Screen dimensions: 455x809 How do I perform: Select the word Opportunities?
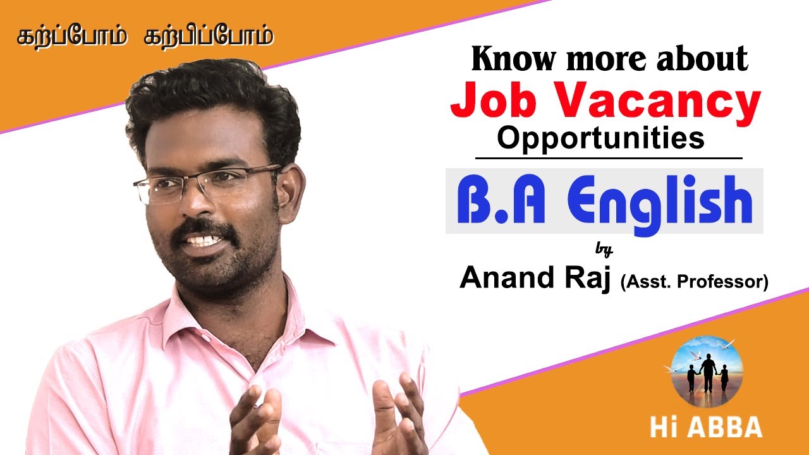pos(600,138)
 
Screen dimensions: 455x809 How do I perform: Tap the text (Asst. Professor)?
pos(694,282)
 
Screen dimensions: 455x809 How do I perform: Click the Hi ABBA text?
pos(705,427)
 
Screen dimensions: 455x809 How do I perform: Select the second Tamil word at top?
pos(208,37)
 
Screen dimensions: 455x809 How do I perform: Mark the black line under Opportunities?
pos(608,157)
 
